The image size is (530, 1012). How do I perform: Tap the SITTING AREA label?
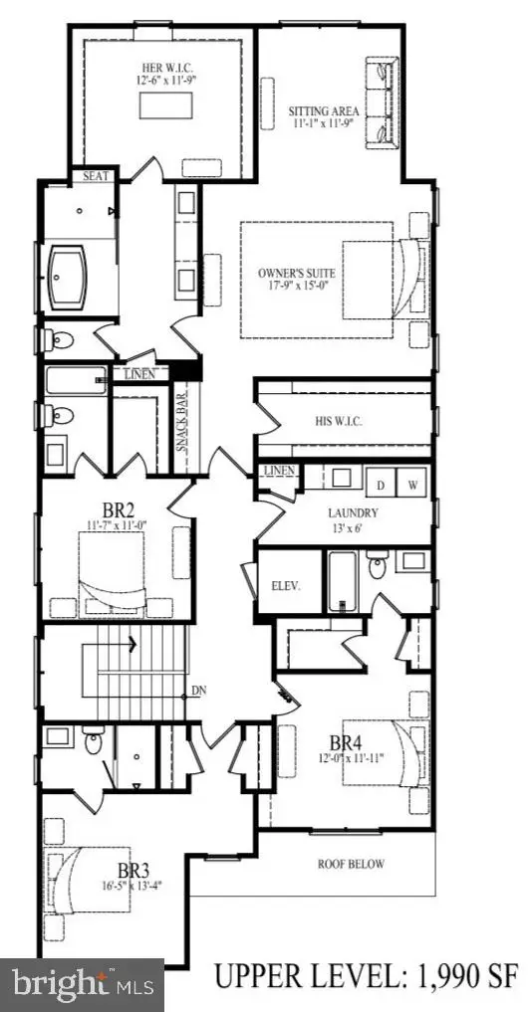point(317,111)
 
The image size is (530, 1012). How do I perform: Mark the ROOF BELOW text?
point(351,864)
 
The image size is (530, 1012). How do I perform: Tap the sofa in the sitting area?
point(383,103)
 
